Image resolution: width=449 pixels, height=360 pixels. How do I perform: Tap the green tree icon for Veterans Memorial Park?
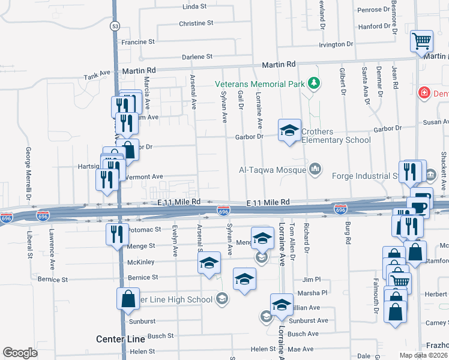coord(312,83)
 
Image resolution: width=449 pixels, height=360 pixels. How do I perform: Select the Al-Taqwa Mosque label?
coord(273,170)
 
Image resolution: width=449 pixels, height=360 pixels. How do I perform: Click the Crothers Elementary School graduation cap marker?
coord(289,131)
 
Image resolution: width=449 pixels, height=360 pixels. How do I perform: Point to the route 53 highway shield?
coord(115,26)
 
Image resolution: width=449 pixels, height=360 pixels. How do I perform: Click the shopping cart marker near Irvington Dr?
coord(421,41)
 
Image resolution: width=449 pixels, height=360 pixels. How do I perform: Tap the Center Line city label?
coord(120,339)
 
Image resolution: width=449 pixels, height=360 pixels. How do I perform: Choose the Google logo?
coord(20,353)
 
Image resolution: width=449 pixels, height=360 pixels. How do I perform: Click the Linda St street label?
coord(194,7)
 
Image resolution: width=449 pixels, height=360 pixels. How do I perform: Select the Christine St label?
coord(196,23)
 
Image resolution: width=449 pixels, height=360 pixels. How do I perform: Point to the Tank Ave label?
coord(97,76)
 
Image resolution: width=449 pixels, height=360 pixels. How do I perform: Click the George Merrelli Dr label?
coord(28,170)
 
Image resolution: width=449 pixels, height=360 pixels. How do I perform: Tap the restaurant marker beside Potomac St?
coord(117,233)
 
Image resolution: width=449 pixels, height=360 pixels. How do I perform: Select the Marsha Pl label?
coord(316,293)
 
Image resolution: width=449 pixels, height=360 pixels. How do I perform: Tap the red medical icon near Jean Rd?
coord(424,93)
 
